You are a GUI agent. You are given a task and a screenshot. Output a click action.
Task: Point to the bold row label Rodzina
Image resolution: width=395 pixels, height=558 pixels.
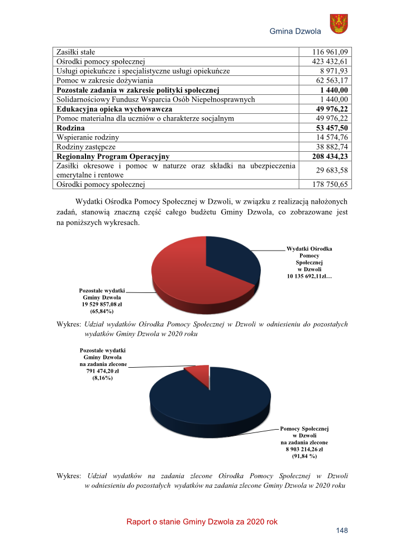pos(70,128)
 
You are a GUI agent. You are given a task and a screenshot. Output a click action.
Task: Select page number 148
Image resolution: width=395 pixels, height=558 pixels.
pos(341,531)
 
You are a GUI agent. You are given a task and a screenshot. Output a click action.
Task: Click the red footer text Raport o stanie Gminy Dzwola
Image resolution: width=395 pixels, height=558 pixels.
pos(202,522)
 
